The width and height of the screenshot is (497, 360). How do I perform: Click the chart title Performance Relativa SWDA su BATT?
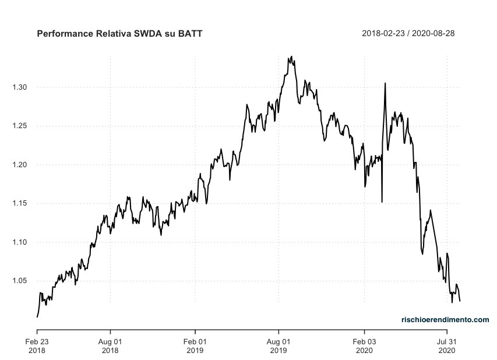coord(119,33)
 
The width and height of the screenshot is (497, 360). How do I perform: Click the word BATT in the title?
coord(190,33)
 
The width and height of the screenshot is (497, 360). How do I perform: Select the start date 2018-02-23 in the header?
coord(384,33)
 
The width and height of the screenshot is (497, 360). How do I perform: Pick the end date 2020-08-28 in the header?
coord(433,33)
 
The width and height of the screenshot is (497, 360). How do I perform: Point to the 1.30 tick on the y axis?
coord(19,87)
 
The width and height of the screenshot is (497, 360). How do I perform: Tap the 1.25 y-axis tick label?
coord(19,126)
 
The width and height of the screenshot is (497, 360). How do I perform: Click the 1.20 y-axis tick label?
coord(19,165)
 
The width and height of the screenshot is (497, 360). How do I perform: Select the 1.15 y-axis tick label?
coord(19,203)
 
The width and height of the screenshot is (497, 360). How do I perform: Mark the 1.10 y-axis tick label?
coord(19,242)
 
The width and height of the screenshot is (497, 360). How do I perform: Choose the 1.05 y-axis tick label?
coord(19,281)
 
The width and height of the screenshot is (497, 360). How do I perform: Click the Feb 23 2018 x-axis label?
coord(37,345)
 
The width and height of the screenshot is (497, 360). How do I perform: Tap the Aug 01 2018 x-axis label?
coord(110,345)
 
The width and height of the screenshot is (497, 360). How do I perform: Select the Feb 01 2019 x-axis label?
coord(195,345)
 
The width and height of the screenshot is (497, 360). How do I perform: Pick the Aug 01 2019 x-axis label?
coord(279,345)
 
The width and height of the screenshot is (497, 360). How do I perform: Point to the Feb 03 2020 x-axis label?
coord(365,345)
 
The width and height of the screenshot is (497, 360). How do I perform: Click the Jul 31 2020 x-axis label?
coord(446,345)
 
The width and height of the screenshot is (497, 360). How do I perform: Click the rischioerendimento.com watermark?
coord(445,319)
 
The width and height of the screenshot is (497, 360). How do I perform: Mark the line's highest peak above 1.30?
coord(291,57)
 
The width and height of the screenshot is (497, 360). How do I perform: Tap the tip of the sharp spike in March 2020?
coord(385,83)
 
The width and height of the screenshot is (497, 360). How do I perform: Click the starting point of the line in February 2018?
coord(37,317)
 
